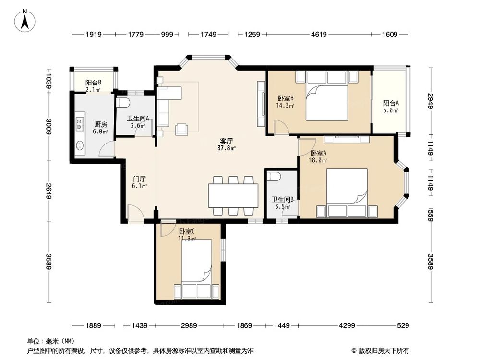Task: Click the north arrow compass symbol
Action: [x=25, y=21]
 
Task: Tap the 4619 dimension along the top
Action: [x=319, y=34]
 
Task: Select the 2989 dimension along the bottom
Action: [x=189, y=325]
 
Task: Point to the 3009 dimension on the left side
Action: [x=48, y=126]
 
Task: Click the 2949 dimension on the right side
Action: [x=431, y=101]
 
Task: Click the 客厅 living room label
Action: [x=227, y=141]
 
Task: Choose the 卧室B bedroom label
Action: [x=286, y=98]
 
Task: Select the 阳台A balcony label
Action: [x=391, y=104]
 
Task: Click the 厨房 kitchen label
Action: [x=101, y=124]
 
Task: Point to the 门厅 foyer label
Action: [x=139, y=179]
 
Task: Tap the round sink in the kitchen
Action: [x=80, y=145]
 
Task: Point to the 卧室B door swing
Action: [x=281, y=127]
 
